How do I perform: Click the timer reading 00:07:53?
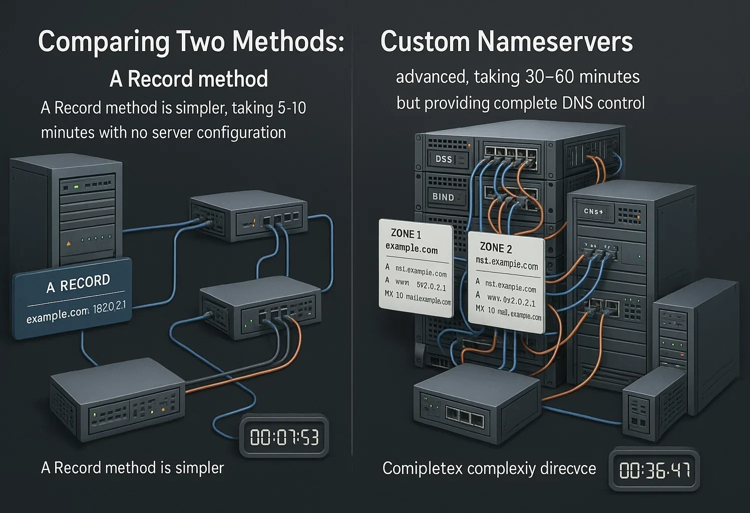284,437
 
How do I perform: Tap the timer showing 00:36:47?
654,470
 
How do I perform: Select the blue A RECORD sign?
73,298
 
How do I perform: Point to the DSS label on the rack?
444,159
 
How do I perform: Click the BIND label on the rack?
443,197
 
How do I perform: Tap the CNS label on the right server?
593,211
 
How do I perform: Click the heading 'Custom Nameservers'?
506,42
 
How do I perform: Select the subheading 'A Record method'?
189,79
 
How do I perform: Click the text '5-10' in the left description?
290,108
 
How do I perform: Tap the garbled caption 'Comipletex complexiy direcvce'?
489,468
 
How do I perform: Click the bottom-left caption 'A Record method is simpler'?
132,468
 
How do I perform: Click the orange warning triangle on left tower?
69,243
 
